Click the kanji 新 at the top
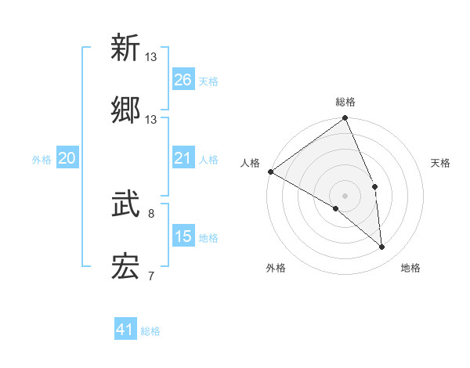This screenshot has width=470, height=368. tap(125, 48)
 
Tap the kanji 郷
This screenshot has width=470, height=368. tap(125, 110)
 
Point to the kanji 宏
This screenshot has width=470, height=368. tap(125, 267)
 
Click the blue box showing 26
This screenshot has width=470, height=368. tap(183, 80)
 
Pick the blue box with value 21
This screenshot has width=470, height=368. tap(183, 159)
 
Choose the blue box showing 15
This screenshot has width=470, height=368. tap(183, 236)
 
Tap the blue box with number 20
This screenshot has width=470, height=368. tap(67, 159)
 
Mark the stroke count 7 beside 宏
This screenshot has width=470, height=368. tap(151, 276)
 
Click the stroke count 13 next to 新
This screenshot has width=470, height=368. tap(151, 56)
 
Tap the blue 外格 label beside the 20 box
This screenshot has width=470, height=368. tap(42, 160)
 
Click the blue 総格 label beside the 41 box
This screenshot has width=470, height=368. tap(150, 331)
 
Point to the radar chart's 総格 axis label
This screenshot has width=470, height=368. tap(345, 102)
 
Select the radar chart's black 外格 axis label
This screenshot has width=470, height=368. tap(276, 268)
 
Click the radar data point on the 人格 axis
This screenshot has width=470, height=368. tap(270, 171)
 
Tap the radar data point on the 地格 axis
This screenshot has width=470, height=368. tap(382, 247)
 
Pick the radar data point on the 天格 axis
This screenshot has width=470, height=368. tap(375, 186)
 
